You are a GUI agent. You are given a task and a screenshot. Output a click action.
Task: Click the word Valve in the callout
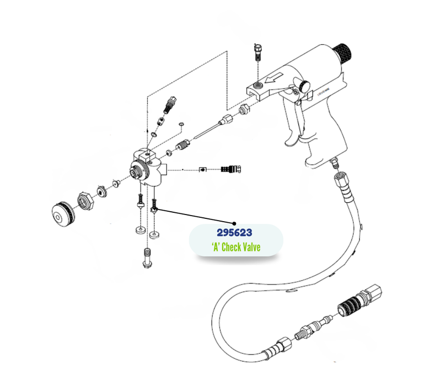[x=249, y=248]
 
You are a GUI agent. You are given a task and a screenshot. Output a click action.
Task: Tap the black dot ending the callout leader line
[x=235, y=219]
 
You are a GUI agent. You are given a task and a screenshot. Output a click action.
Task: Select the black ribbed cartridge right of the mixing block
[x=228, y=169]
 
